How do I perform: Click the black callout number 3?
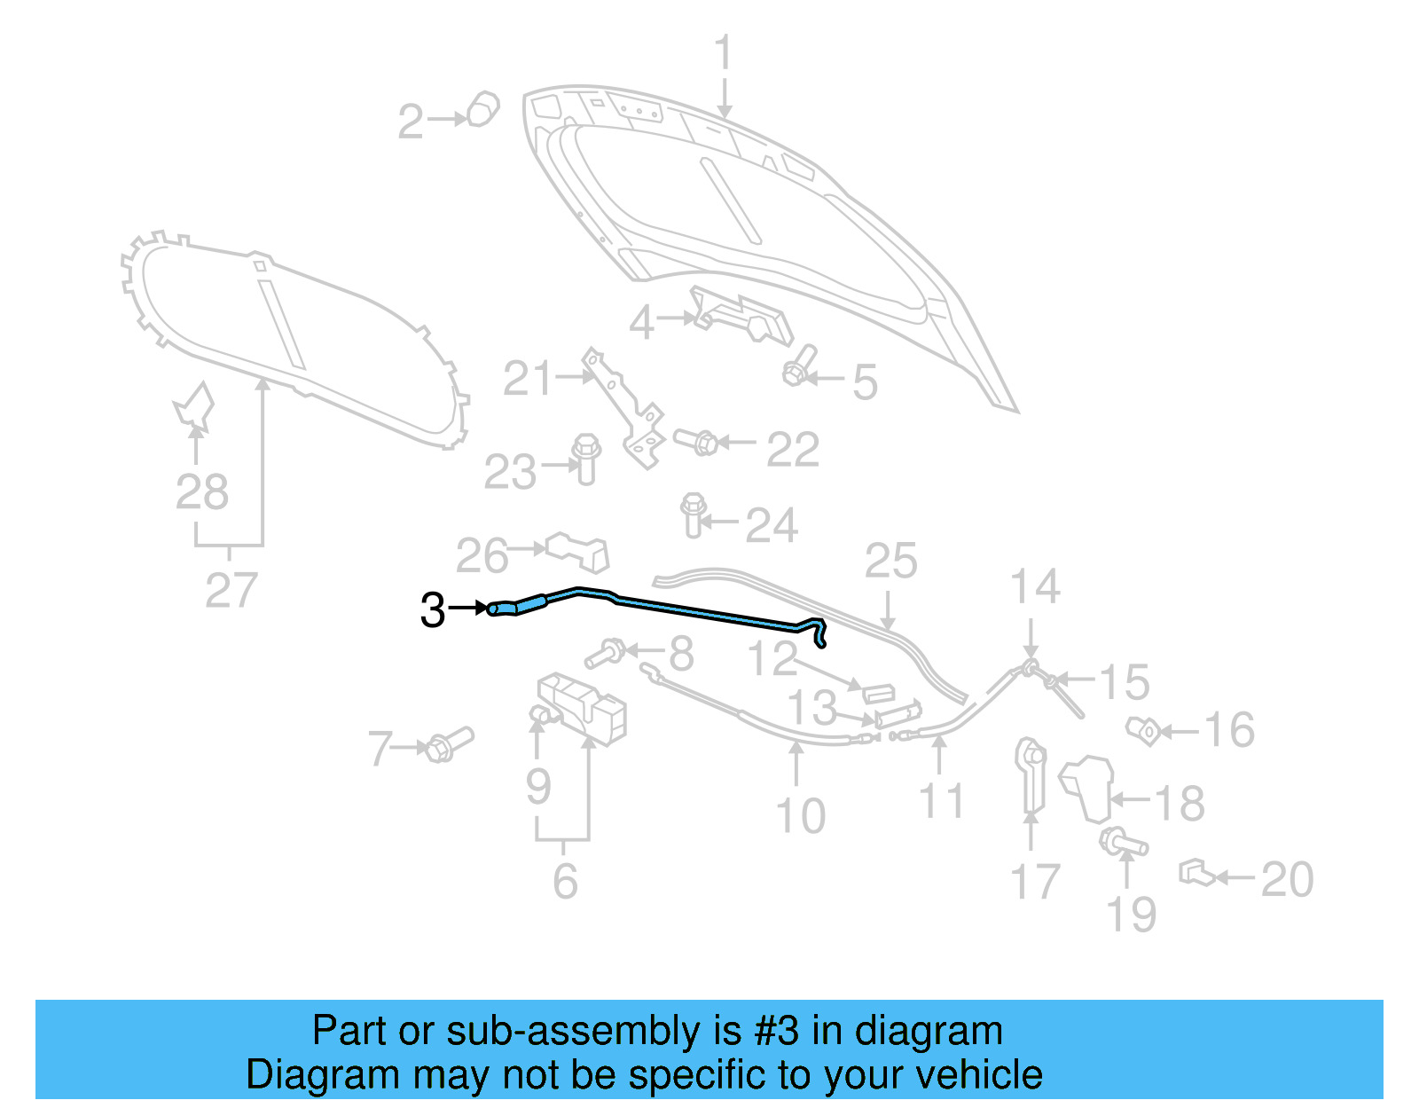[x=432, y=610]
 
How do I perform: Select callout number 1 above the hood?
[x=725, y=53]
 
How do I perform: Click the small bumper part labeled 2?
[x=482, y=109]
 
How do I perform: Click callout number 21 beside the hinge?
[x=527, y=379]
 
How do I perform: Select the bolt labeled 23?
[x=586, y=457]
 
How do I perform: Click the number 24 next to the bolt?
[x=772, y=525]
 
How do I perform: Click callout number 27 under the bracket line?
[x=231, y=590]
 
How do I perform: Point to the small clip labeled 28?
[x=194, y=407]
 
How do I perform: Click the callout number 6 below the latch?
[x=565, y=880]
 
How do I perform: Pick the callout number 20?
[x=1286, y=879]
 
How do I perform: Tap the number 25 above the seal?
[x=890, y=562]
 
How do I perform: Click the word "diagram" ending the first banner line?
[x=929, y=1031]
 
